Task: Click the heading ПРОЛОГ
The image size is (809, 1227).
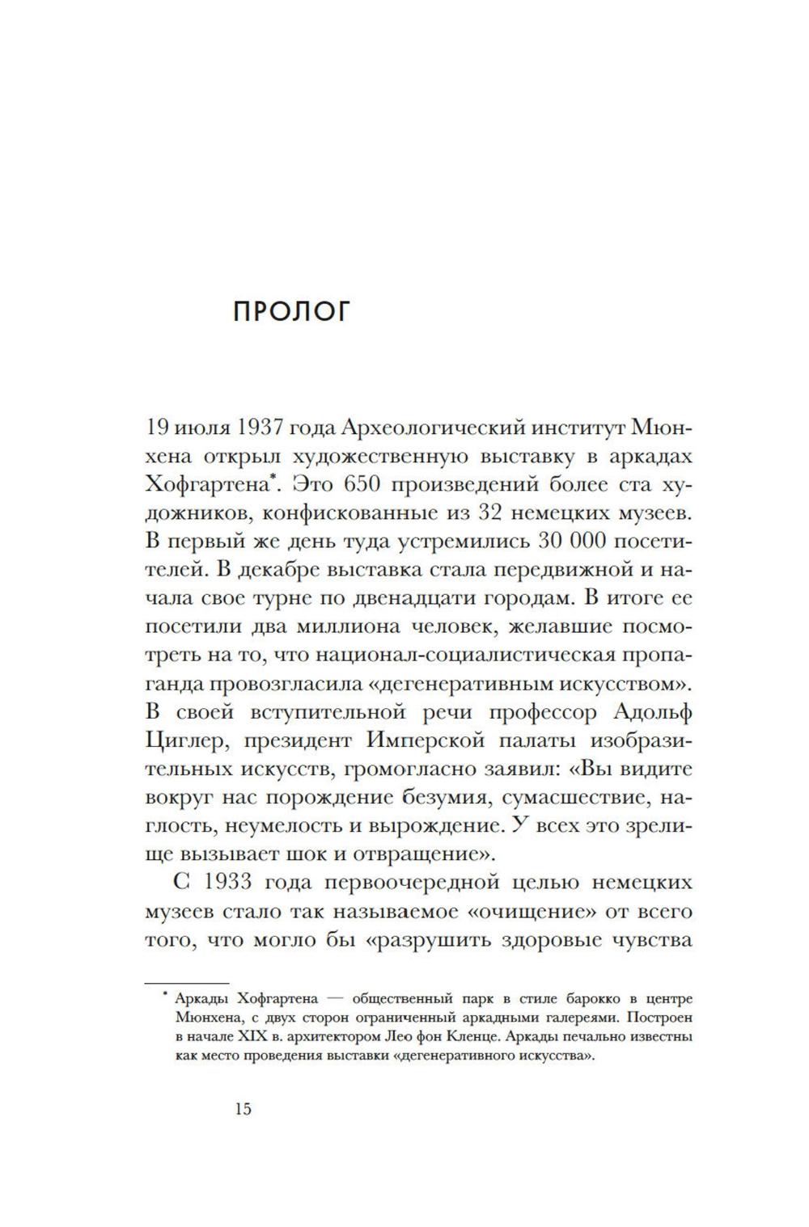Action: click(x=290, y=312)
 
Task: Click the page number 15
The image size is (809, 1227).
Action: click(x=244, y=1108)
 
